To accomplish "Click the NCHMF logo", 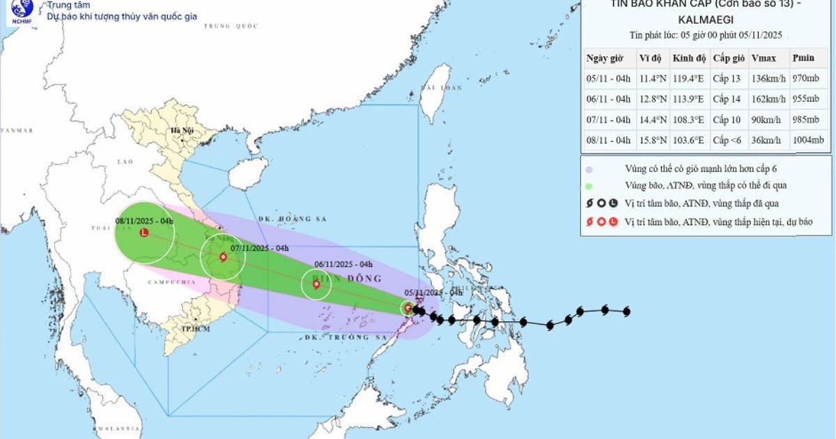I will [x=21, y=10].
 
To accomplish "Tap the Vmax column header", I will [x=764, y=58].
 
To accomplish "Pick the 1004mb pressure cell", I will [x=808, y=140].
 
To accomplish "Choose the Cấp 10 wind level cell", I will [x=725, y=119].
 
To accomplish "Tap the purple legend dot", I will [x=589, y=169].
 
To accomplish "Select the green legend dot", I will [x=589, y=186].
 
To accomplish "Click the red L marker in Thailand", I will [x=144, y=233].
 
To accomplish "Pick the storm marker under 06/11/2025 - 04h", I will [x=316, y=284].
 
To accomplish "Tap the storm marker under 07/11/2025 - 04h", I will [x=223, y=257].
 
